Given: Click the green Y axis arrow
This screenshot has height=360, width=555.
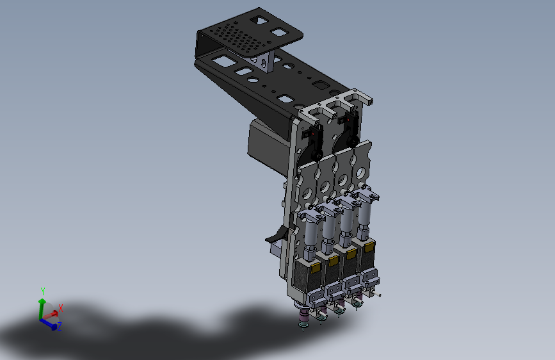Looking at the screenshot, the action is [42, 307].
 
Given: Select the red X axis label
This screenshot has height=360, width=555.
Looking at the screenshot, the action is [61, 308].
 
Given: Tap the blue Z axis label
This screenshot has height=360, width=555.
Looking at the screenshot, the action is [59, 326].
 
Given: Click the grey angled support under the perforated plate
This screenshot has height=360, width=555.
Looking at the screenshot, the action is [262, 61].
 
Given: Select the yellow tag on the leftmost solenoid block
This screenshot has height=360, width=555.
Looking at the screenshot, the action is [315, 267].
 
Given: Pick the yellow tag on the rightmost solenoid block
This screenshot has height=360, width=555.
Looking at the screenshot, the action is [369, 247].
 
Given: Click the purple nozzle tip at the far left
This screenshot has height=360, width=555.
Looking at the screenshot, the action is [303, 315].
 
